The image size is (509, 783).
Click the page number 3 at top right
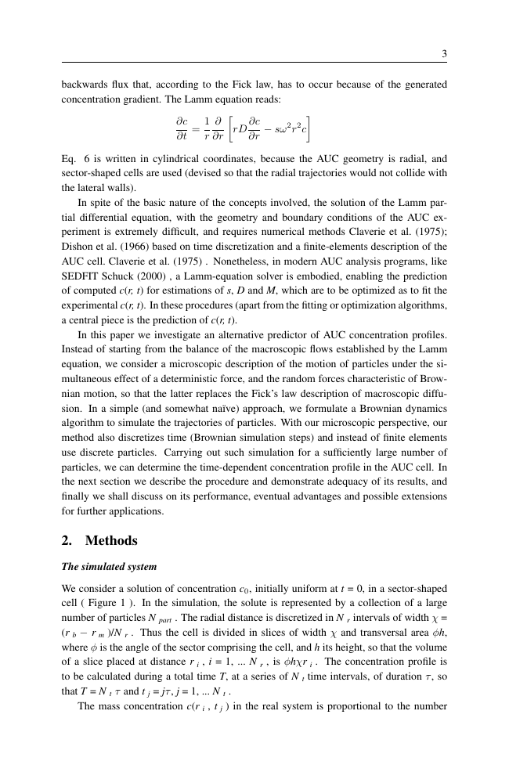(444, 54)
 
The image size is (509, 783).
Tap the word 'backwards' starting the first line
(84, 83)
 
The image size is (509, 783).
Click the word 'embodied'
(312, 276)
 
